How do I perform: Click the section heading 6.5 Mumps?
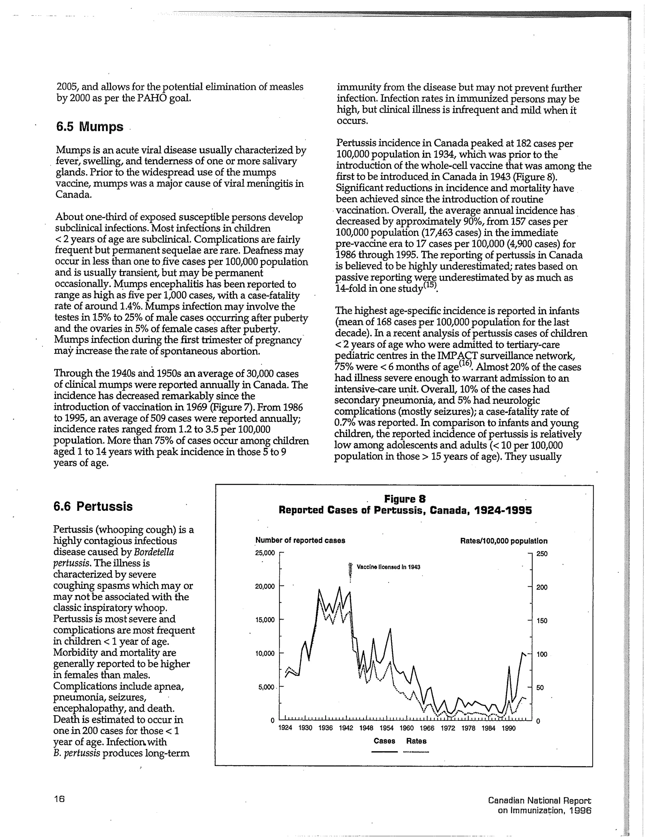90,127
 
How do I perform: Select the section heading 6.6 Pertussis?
93,506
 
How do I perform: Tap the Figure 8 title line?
405,499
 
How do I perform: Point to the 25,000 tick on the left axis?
265,553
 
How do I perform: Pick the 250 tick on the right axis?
541,554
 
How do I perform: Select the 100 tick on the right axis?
541,654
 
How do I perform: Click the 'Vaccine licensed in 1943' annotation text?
388,567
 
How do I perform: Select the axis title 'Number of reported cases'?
300,540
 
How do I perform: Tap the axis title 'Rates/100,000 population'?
504,541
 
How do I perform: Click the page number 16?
59,799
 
